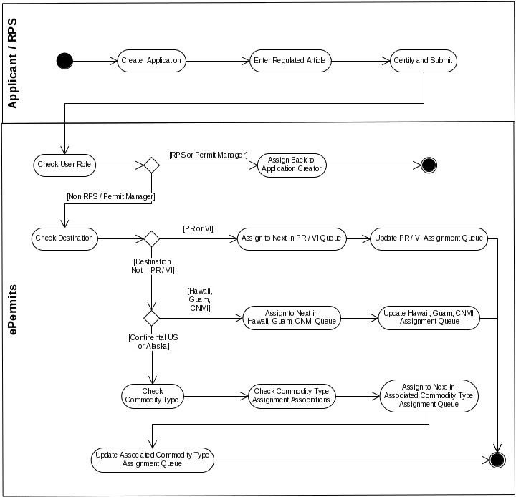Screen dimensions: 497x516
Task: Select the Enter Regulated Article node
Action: coord(290,61)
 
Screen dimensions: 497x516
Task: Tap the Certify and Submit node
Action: coord(423,61)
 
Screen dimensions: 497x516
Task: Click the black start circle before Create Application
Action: coord(64,61)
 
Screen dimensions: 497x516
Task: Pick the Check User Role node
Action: coord(64,165)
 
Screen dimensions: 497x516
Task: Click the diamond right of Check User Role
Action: coord(151,165)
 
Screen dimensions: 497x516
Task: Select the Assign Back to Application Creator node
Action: coord(292,165)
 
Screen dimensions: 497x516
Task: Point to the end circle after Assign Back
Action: coord(429,165)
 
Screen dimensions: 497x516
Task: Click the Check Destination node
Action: coord(64,238)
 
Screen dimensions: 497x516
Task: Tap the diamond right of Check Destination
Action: coord(151,238)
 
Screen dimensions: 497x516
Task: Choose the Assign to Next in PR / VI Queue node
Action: coord(292,238)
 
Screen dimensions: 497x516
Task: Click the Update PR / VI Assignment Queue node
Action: coord(429,238)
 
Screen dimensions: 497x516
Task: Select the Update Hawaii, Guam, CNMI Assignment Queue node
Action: coord(429,317)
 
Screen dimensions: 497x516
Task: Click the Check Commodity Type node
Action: coord(153,396)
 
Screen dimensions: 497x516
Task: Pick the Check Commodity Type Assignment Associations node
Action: coord(292,396)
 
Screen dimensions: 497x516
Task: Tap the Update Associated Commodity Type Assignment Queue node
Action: coord(153,460)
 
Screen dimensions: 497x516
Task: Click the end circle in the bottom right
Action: coord(497,460)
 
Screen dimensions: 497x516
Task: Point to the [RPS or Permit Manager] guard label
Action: coord(208,155)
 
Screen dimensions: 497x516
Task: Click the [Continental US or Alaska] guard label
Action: coord(153,342)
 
